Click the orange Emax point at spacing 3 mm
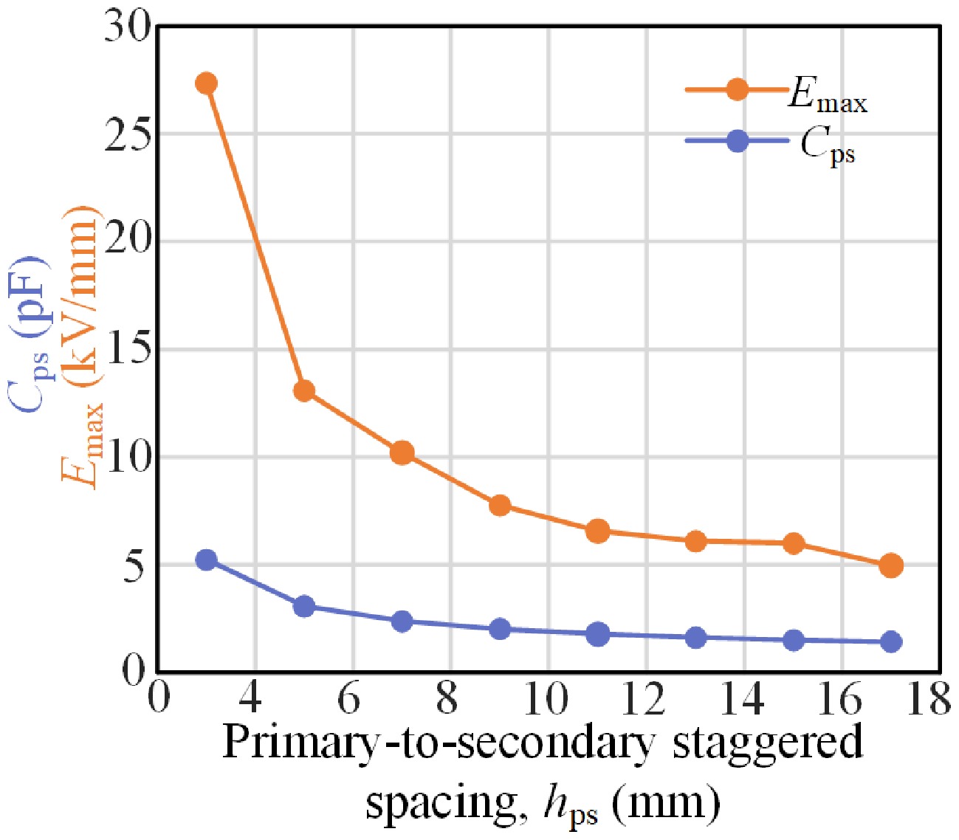click(206, 83)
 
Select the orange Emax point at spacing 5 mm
click(304, 390)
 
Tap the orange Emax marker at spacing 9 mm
click(500, 506)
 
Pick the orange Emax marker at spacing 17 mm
click(891, 565)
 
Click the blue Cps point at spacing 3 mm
click(206, 560)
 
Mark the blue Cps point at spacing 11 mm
click(597, 634)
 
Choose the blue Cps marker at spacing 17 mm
click(891, 641)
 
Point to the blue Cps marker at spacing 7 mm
click(402, 622)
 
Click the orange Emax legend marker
click(737, 89)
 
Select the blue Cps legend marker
click(737, 140)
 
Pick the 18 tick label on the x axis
click(927, 698)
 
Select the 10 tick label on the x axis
click(546, 698)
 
